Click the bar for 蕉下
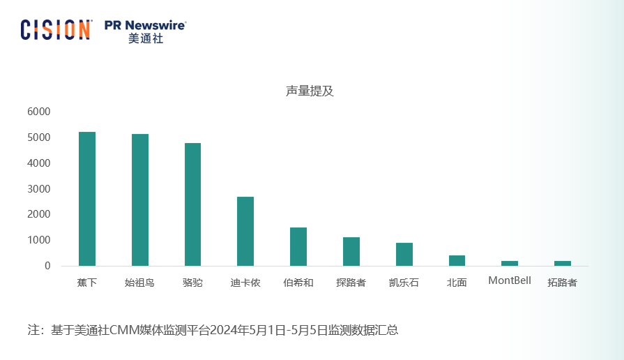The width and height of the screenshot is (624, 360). click(x=87, y=199)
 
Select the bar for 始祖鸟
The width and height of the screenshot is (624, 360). click(x=140, y=200)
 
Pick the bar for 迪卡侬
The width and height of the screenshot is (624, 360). click(x=245, y=231)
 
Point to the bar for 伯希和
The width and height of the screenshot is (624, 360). click(x=298, y=246)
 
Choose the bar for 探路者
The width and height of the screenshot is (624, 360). click(x=351, y=251)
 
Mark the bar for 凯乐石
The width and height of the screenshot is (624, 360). click(x=404, y=254)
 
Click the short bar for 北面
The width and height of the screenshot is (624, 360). click(x=457, y=260)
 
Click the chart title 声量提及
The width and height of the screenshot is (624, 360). click(x=310, y=91)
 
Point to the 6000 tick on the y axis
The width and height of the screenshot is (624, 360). click(x=39, y=112)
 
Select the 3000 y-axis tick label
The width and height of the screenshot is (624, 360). click(x=39, y=189)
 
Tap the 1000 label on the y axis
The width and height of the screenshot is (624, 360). click(x=39, y=240)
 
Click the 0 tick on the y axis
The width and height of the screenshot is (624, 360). click(x=47, y=266)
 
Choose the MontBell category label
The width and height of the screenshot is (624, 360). click(x=509, y=280)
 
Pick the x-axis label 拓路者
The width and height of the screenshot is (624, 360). click(x=562, y=283)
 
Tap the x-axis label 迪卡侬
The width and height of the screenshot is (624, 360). click(x=245, y=283)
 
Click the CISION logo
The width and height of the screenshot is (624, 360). click(x=56, y=29)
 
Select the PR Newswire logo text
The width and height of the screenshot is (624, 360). click(x=145, y=25)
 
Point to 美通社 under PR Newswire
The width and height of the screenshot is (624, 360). click(x=145, y=39)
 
